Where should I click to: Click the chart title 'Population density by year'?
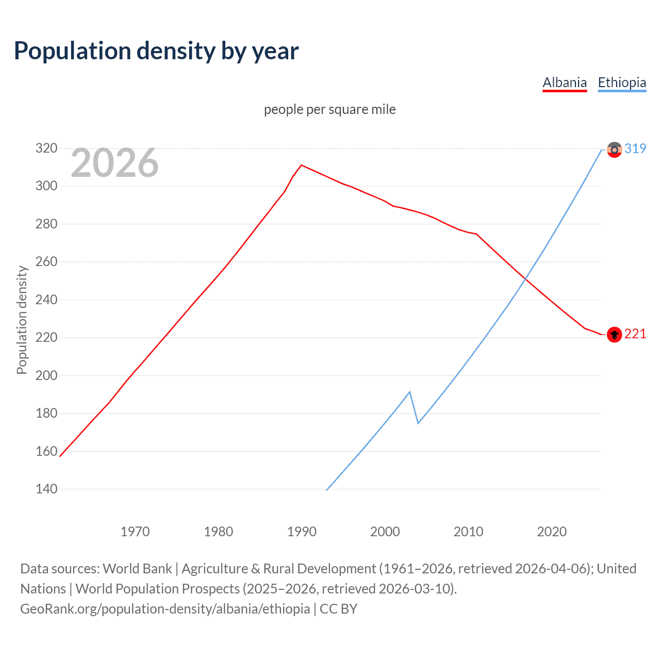pyautogui.click(x=156, y=51)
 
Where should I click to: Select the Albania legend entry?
pyautogui.click(x=565, y=82)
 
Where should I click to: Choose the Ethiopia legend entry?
pyautogui.click(x=622, y=82)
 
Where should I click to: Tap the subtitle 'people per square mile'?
pyautogui.click(x=329, y=109)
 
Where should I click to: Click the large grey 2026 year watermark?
pyautogui.click(x=114, y=163)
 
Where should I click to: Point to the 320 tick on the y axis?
pyautogui.click(x=46, y=148)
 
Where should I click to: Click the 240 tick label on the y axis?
pyautogui.click(x=46, y=300)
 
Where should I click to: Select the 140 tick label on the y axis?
pyautogui.click(x=46, y=489)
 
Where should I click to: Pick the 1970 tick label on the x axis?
pyautogui.click(x=135, y=532)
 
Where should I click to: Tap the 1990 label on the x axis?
pyautogui.click(x=302, y=532)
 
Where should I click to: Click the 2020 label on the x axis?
pyautogui.click(x=552, y=532)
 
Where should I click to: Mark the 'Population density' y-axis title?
pyautogui.click(x=22, y=320)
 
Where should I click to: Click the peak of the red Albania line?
pyautogui.click(x=302, y=165)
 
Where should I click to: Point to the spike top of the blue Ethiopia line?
pyautogui.click(x=409, y=392)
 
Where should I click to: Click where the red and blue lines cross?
pyautogui.click(x=525, y=279)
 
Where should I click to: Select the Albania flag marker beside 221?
pyautogui.click(x=614, y=335)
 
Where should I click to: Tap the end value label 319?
pyautogui.click(x=635, y=148)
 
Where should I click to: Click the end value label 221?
pyautogui.click(x=635, y=334)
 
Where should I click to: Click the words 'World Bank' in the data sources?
pyautogui.click(x=137, y=569)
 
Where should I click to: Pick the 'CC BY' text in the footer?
pyautogui.click(x=338, y=609)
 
